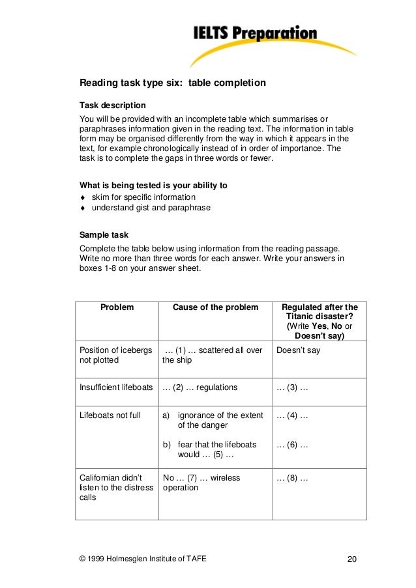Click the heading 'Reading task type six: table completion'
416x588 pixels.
click(x=172, y=83)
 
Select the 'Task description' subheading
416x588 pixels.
click(x=112, y=105)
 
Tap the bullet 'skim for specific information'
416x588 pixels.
click(x=143, y=197)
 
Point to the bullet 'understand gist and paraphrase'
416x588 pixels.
click(x=151, y=208)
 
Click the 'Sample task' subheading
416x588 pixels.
click(x=104, y=234)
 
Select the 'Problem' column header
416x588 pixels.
click(x=117, y=307)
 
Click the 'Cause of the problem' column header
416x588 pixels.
click(x=215, y=307)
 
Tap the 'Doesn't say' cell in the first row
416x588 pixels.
click(x=298, y=350)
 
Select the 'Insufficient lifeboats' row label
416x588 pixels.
click(x=116, y=387)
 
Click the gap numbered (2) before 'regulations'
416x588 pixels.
click(x=177, y=387)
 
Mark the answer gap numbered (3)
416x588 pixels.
click(x=292, y=387)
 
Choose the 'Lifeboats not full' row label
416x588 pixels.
click(x=110, y=415)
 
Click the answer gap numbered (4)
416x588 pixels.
click(x=292, y=415)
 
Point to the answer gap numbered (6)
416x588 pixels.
click(x=292, y=445)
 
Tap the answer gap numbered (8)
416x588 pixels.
click(x=292, y=478)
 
